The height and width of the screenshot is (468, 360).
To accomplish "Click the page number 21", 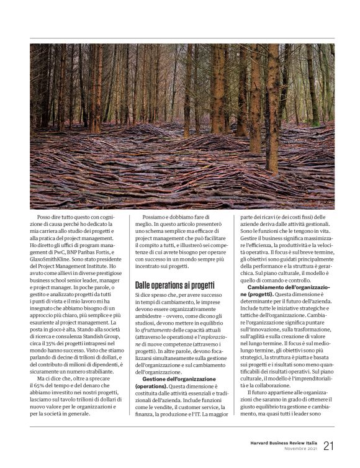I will (329, 445).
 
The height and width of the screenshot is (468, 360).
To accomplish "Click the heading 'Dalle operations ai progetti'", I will (176, 285).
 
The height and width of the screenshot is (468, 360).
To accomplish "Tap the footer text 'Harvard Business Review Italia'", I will (279, 443).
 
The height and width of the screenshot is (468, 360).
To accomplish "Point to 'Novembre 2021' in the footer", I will (300, 449).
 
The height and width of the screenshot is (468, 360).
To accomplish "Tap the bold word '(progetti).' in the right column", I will (261, 294).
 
